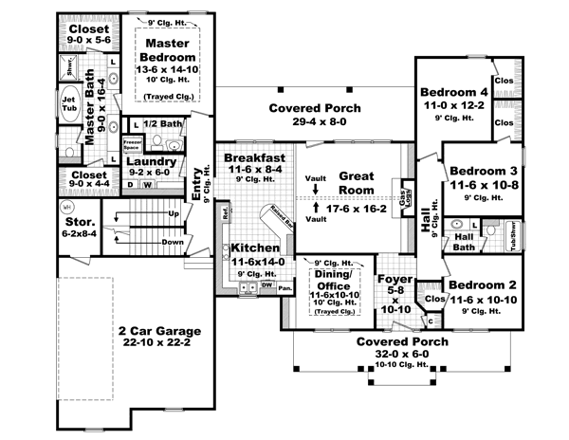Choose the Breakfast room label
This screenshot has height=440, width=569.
[x=254, y=157]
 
